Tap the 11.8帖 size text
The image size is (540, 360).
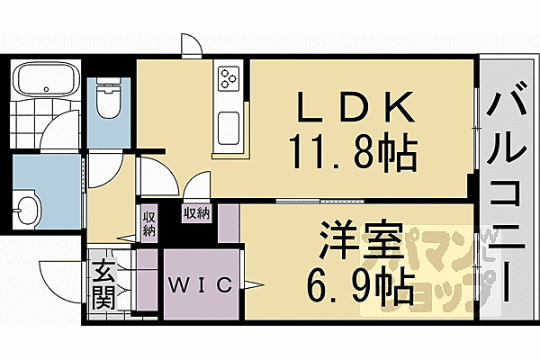coord(353,153)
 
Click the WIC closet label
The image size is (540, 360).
coord(202,285)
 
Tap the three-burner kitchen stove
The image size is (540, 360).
coord(228,78)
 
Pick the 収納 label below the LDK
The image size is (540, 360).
coord(197,213)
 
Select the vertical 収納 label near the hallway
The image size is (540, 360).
coord(148,222)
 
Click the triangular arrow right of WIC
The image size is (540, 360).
coord(253,286)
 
